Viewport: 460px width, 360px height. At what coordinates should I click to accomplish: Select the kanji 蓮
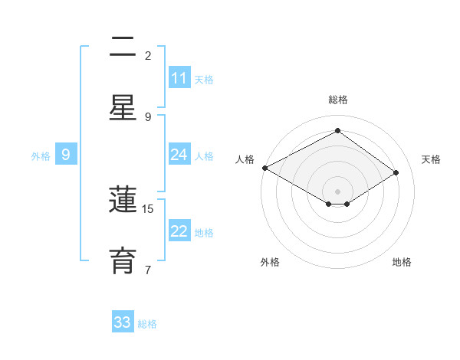pyautogui.click(x=123, y=201)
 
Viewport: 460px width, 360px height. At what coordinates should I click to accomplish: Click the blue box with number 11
pyautogui.click(x=179, y=78)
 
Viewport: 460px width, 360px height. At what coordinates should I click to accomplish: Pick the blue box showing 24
pyautogui.click(x=179, y=155)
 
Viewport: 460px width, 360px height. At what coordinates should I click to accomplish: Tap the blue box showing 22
pyautogui.click(x=179, y=231)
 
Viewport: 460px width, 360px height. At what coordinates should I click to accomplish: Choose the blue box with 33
pyautogui.click(x=123, y=322)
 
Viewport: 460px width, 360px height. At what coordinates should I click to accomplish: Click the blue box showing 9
pyautogui.click(x=66, y=155)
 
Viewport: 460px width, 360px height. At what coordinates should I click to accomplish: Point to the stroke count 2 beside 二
pyautogui.click(x=148, y=55)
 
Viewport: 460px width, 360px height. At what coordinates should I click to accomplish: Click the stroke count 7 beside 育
pyautogui.click(x=148, y=269)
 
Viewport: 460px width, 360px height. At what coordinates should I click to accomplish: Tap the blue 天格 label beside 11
pyautogui.click(x=204, y=79)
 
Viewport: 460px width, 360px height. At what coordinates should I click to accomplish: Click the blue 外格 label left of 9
pyautogui.click(x=41, y=155)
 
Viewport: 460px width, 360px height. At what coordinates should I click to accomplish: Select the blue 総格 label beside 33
pyautogui.click(x=147, y=324)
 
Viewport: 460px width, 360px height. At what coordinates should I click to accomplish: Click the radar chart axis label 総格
pyautogui.click(x=338, y=100)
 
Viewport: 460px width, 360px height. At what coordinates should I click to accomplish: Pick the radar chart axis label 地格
pyautogui.click(x=402, y=262)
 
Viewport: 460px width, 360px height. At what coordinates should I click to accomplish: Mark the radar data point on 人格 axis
pyautogui.click(x=264, y=168)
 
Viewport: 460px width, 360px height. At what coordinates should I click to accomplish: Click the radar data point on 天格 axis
pyautogui.click(x=396, y=173)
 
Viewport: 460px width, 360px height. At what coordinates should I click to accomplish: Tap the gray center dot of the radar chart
pyautogui.click(x=337, y=191)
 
